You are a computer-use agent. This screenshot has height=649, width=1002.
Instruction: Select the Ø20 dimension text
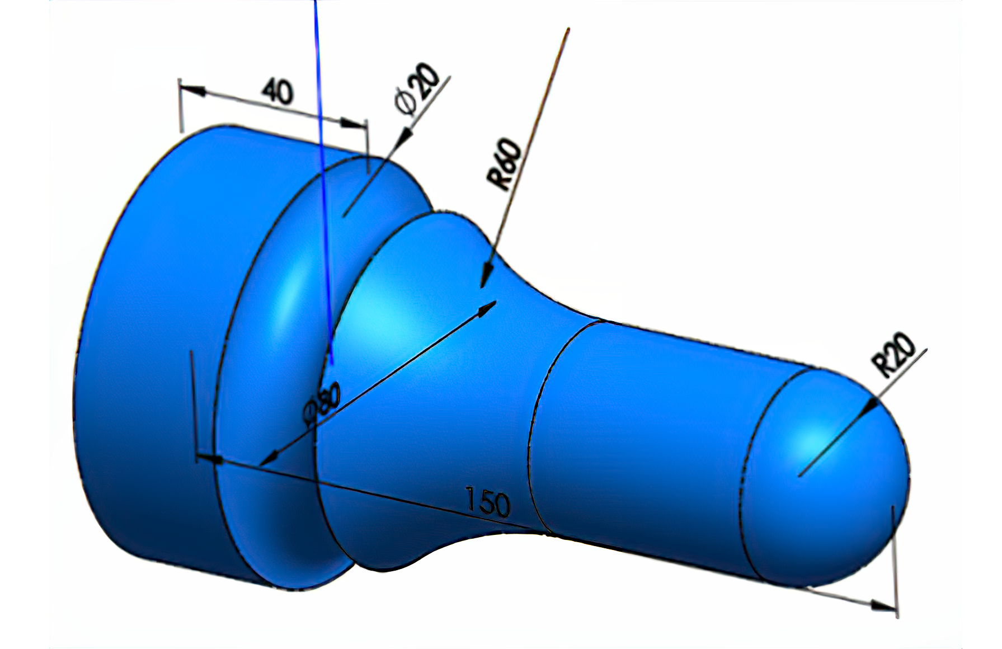[x=417, y=89]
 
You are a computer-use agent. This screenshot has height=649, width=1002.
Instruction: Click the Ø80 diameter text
[x=322, y=402]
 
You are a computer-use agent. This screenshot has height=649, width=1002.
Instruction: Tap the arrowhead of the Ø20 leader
[x=404, y=137]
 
